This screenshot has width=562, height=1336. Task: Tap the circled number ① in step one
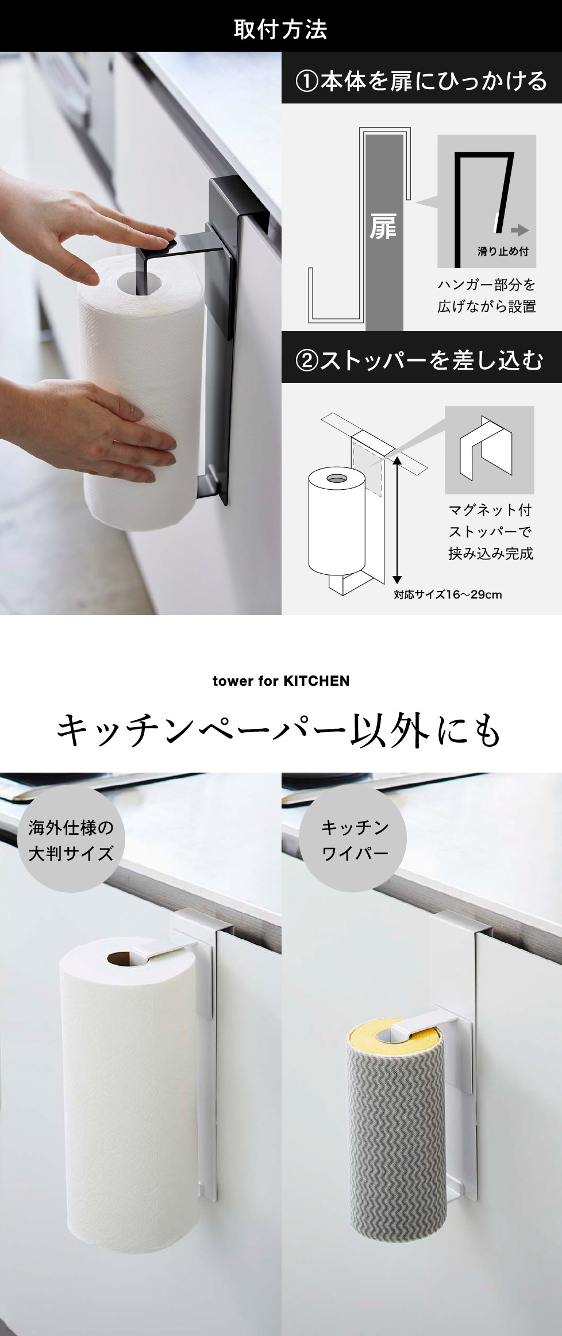coord(307,81)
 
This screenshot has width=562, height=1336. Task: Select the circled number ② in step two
coord(307,360)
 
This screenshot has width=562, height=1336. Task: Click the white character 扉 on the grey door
coord(383,227)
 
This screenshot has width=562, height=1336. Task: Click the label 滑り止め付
coord(503,251)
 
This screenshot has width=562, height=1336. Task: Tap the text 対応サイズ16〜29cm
coord(448,594)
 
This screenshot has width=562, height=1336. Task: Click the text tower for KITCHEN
coord(281,681)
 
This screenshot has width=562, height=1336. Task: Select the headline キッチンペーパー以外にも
coord(280,731)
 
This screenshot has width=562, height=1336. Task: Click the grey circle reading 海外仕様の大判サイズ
coord(71,839)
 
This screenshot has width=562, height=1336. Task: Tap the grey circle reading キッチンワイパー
coord(353,839)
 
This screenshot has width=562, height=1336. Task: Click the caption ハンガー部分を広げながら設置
coord(486,295)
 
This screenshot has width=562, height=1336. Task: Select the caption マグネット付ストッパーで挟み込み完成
coord(491,531)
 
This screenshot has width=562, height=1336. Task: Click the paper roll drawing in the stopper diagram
coord(337,520)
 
